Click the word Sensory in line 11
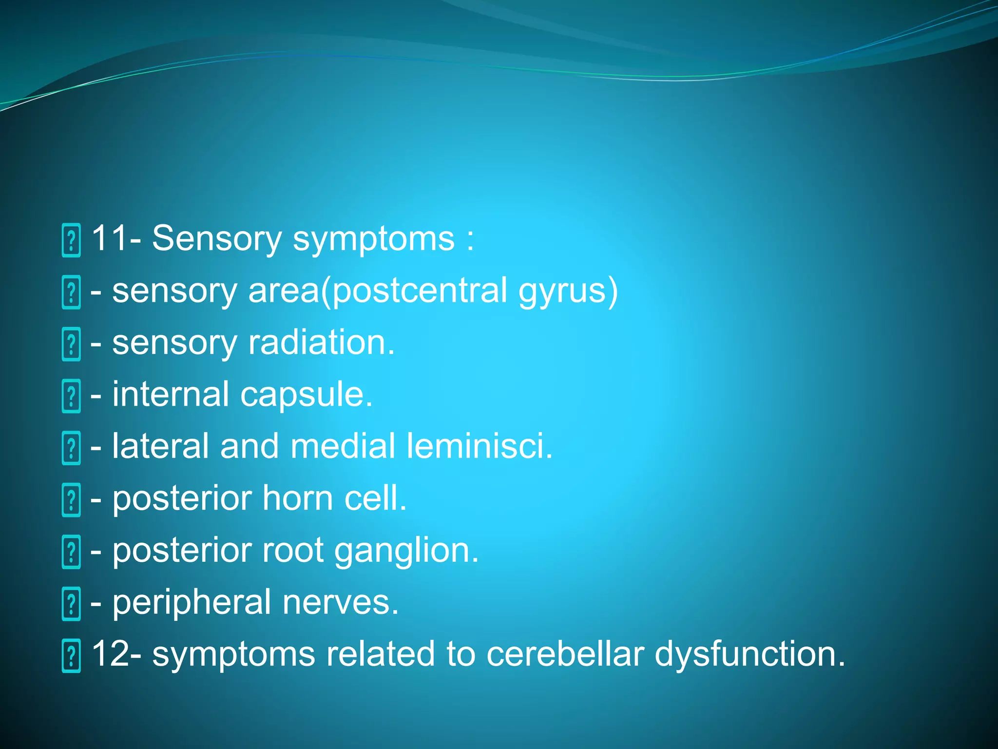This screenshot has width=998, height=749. (216, 238)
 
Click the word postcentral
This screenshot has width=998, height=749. (420, 292)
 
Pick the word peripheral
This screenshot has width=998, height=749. (192, 603)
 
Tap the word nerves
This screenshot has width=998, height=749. (340, 603)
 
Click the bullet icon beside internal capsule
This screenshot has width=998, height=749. (71, 396)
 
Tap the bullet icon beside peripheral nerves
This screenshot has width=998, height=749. (71, 604)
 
